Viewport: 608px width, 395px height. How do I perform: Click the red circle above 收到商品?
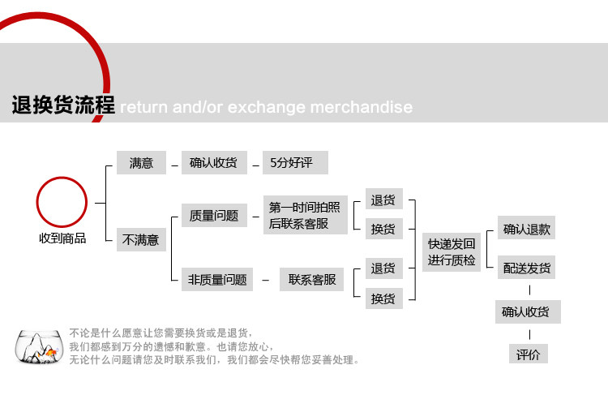(62, 202)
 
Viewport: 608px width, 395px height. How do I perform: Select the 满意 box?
(141, 163)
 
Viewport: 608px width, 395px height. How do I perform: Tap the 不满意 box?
(141, 240)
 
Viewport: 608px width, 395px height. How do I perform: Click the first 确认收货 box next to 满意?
(213, 163)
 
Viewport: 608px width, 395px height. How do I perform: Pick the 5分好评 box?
(295, 163)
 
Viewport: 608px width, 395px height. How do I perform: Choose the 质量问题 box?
(213, 215)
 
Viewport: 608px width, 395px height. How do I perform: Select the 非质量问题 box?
(216, 280)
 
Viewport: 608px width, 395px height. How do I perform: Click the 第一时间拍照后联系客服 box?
(304, 215)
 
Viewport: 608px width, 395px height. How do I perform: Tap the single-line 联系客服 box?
(311, 280)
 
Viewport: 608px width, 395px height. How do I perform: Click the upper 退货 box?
(383, 200)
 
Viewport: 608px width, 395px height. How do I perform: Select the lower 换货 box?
(383, 298)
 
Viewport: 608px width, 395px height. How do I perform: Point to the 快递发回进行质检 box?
(452, 251)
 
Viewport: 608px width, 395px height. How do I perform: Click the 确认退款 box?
(526, 229)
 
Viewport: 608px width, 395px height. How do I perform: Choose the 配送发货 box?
(526, 268)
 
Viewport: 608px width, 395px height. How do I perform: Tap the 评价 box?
(528, 354)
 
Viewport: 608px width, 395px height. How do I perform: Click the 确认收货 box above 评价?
(528, 311)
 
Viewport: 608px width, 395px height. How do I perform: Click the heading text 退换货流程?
(63, 105)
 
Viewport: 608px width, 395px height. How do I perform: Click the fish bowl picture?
(39, 347)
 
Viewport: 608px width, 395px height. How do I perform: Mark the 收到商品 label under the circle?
(62, 238)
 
